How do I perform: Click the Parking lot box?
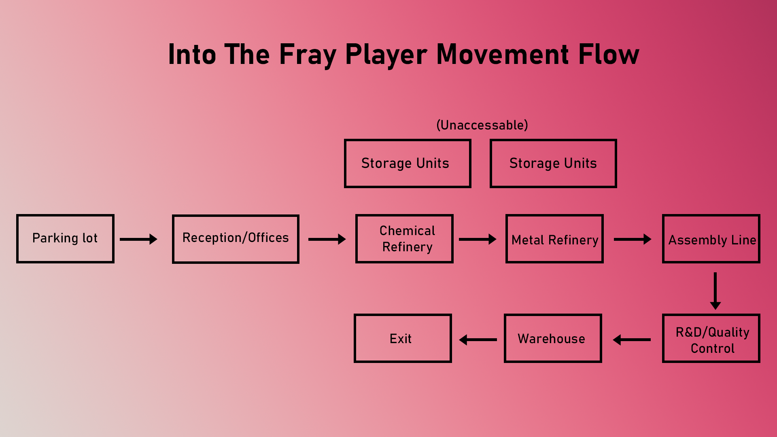tap(65, 239)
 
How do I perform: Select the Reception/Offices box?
tap(236, 239)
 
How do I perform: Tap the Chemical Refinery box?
tap(404, 239)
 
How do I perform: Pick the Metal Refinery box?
tap(554, 239)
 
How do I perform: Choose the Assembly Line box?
tap(711, 239)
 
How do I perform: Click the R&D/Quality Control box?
tap(711, 338)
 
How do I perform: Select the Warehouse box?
tap(553, 338)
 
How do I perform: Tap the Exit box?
tap(403, 338)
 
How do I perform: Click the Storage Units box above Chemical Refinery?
tap(408, 163)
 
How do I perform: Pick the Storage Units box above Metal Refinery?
tap(553, 163)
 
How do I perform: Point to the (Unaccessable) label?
tap(482, 125)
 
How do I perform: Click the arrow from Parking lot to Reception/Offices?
tap(138, 239)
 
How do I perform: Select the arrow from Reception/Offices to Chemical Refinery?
tap(327, 239)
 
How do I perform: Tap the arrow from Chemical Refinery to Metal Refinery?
tap(478, 239)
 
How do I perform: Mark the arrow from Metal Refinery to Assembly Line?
tap(633, 239)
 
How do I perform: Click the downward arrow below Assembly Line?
tap(715, 291)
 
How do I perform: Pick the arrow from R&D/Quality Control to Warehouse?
tap(632, 339)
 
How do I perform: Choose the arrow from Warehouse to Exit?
tap(478, 339)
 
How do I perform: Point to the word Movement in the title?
tap(503, 54)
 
